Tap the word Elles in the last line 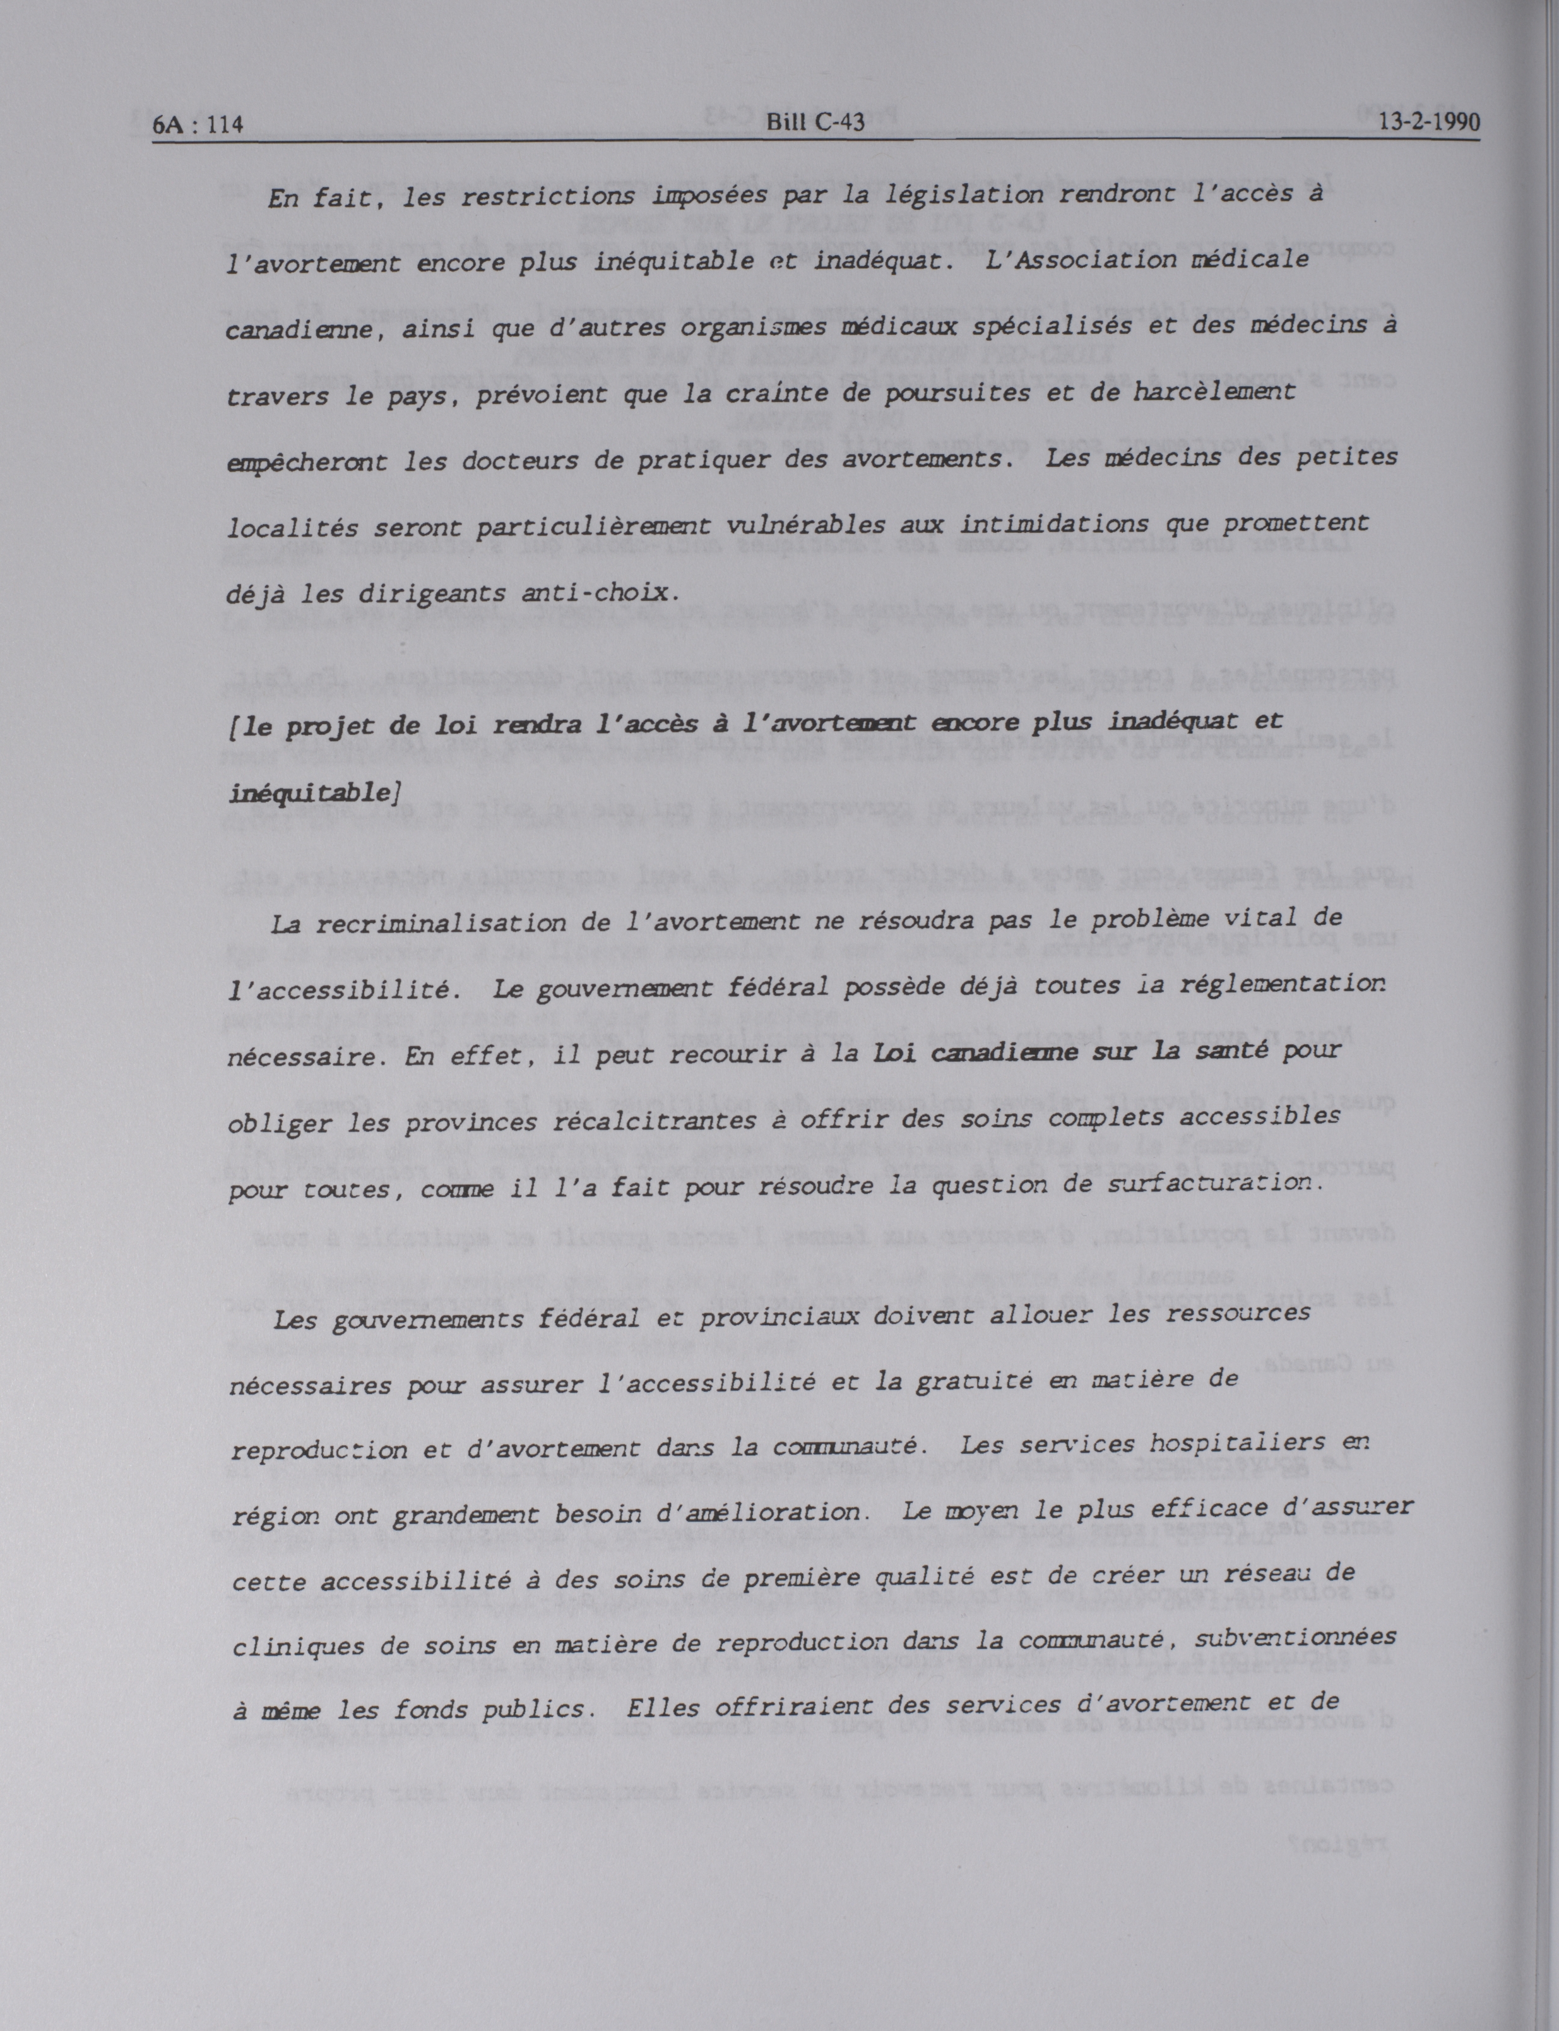pyautogui.click(x=660, y=1706)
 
